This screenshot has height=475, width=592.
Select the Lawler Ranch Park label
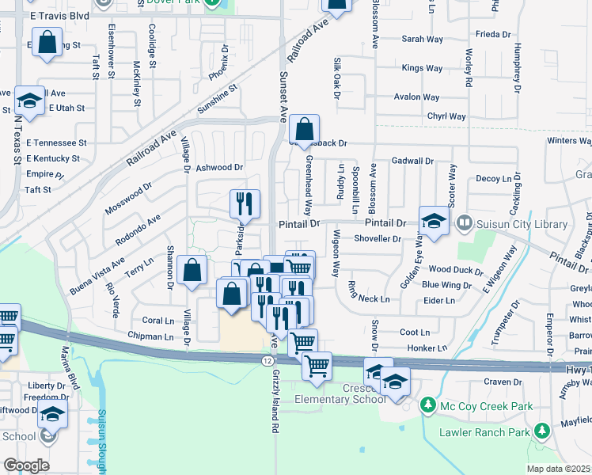[x=485, y=432]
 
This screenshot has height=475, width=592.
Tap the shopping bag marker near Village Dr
[x=192, y=271]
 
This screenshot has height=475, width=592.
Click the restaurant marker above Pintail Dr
[x=245, y=203]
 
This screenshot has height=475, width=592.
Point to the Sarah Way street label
[x=422, y=38]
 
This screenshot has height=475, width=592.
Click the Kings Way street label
[x=423, y=68]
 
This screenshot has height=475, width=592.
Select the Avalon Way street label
[x=418, y=97]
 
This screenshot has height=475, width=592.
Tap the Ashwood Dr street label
[x=219, y=167]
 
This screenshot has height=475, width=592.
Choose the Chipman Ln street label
[x=151, y=337]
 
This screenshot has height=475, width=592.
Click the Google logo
[x=26, y=465]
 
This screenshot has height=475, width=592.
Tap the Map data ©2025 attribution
[x=559, y=469]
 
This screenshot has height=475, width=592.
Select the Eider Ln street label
[x=439, y=300]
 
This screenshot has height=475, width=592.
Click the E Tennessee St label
[x=56, y=142]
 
